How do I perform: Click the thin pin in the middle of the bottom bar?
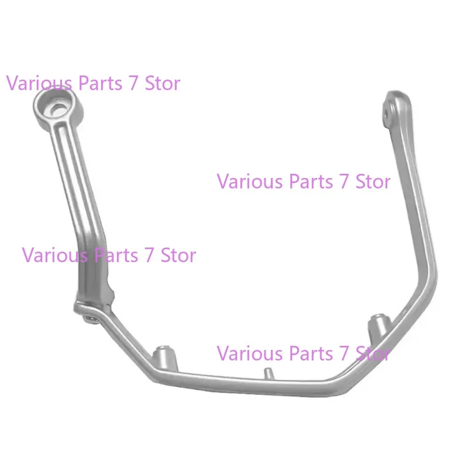(267, 373)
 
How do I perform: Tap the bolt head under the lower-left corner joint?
(89, 318)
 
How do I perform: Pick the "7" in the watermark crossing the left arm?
(148, 255)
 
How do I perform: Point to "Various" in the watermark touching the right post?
(244, 353)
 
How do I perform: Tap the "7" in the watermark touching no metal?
(344, 181)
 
